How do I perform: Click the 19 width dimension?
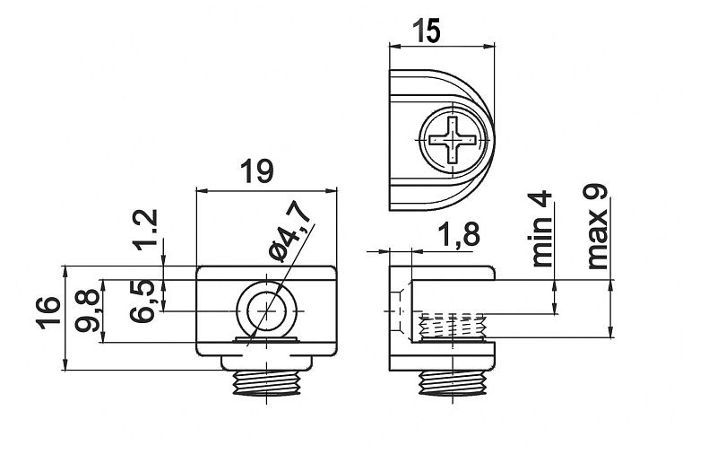click(x=257, y=170)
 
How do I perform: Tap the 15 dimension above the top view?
click(x=427, y=31)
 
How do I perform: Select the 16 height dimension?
click(x=48, y=313)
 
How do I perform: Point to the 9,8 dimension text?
click(x=87, y=310)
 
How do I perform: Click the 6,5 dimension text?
click(x=142, y=301)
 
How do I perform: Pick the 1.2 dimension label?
click(x=146, y=230)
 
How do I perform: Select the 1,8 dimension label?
click(x=459, y=234)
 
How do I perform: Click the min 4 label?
click(x=542, y=230)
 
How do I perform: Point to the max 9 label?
click(x=597, y=227)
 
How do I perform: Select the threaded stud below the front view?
click(x=266, y=382)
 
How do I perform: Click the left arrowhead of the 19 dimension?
click(x=201, y=191)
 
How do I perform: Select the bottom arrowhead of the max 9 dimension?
click(x=610, y=333)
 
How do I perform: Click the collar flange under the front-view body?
click(x=266, y=363)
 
